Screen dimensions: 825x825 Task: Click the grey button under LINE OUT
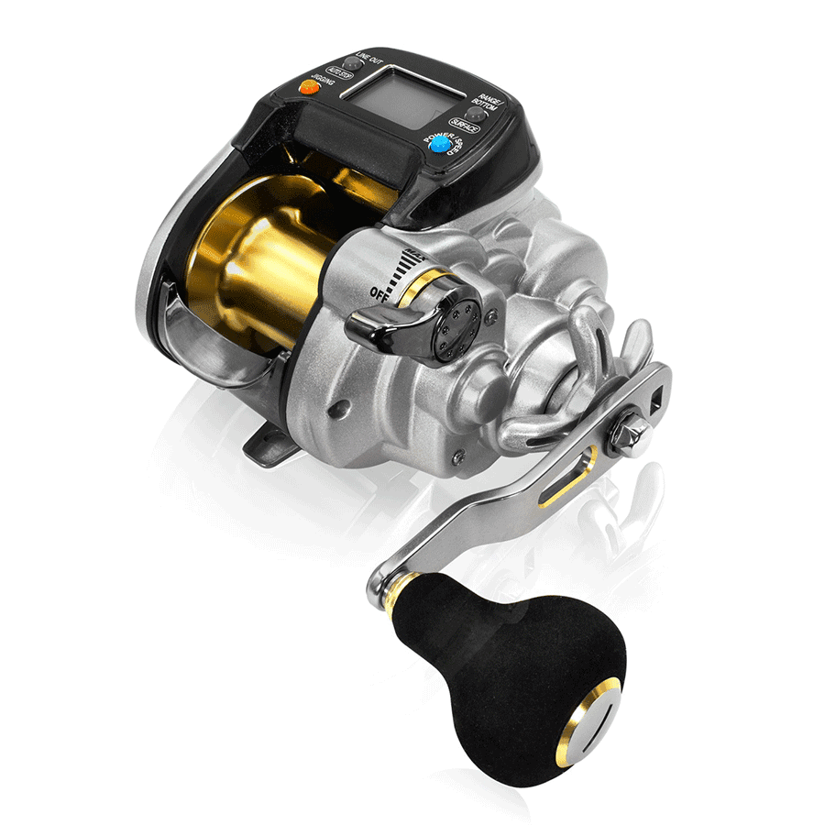pyautogui.click(x=347, y=64)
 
